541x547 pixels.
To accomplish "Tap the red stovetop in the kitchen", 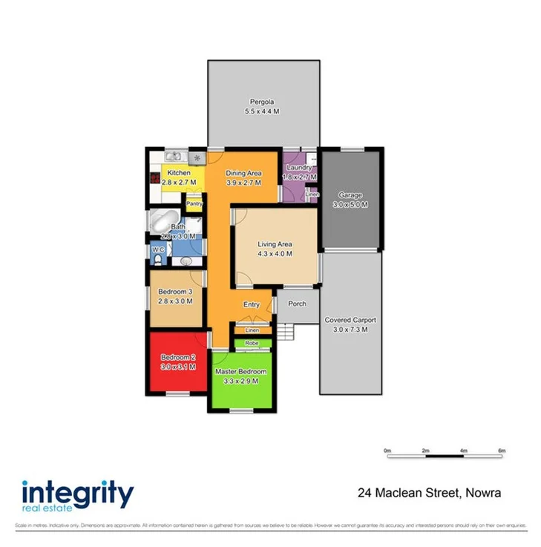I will point(154,178).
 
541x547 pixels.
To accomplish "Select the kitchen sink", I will point(174,156).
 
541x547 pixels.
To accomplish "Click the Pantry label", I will point(194,203).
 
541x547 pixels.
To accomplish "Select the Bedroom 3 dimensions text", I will point(175,302).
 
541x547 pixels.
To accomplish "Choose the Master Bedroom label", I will point(240,371).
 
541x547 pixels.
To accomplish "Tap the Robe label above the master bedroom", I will point(252,343).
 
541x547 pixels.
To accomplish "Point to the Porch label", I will point(297,304).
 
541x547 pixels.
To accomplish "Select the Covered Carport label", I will point(350,320).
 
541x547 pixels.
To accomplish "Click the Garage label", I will point(350,195).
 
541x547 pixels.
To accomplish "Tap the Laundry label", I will point(299,168).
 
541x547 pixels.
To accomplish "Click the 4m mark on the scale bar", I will point(463,451).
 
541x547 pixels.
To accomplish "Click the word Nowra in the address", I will point(483,492).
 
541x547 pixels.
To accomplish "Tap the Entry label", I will point(252,304).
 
